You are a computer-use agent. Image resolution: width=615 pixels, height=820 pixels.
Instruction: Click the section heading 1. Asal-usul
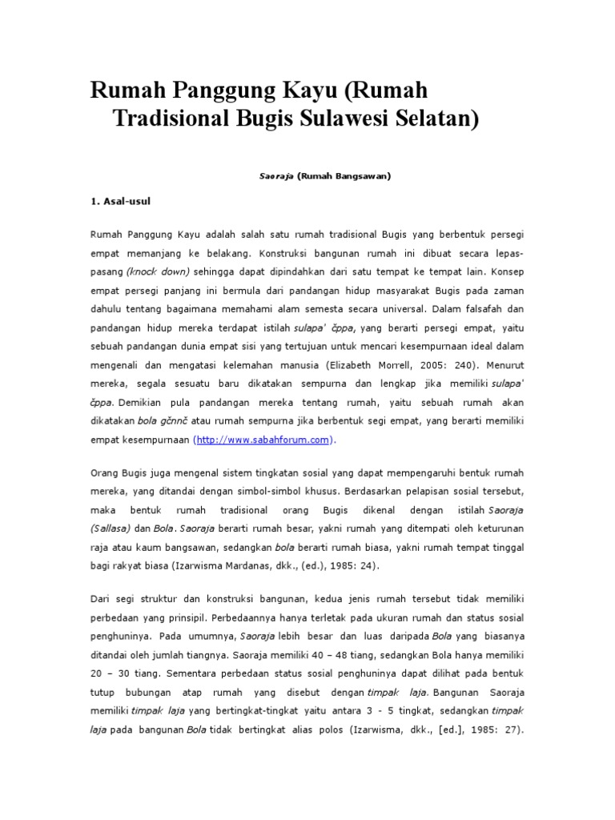[121, 202]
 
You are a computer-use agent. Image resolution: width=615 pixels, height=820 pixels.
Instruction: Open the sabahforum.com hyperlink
[263, 440]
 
